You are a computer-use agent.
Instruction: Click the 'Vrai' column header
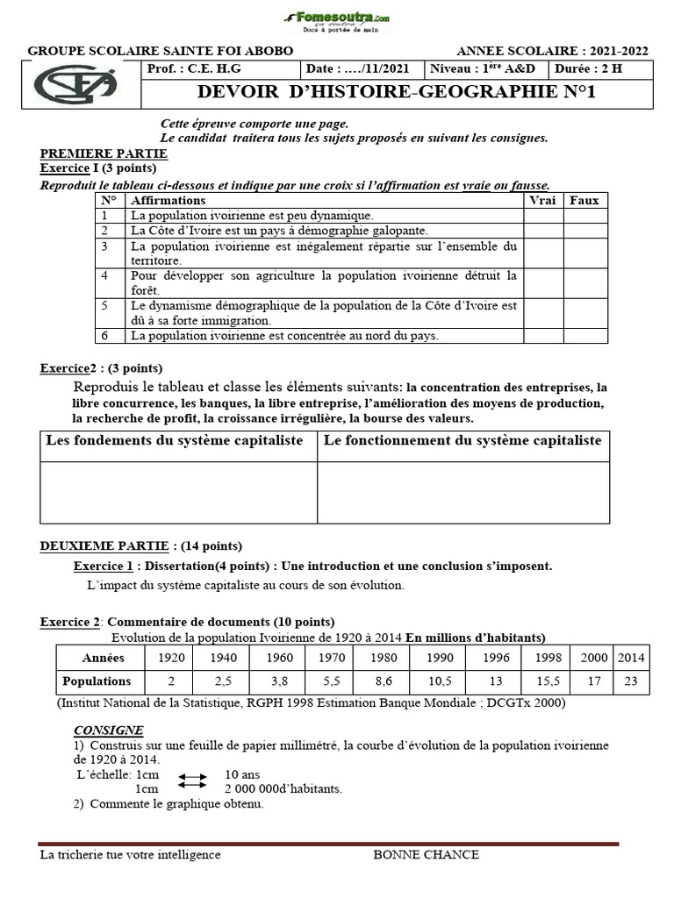(x=543, y=200)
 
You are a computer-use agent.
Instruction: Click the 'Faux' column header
(x=584, y=200)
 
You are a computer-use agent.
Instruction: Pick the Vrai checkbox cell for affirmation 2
(x=543, y=231)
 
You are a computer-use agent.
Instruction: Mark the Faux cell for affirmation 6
(x=584, y=336)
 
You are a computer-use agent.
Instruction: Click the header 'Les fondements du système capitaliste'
(x=175, y=440)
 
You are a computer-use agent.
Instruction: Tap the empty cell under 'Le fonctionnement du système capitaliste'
(x=463, y=491)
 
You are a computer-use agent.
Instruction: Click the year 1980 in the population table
(x=383, y=658)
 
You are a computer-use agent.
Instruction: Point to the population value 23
(x=631, y=681)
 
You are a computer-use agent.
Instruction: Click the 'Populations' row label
(x=97, y=681)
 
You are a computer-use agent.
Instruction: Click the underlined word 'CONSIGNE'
(x=108, y=730)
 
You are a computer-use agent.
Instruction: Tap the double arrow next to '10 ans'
(x=192, y=776)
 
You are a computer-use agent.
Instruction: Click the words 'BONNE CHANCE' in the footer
(x=426, y=855)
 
